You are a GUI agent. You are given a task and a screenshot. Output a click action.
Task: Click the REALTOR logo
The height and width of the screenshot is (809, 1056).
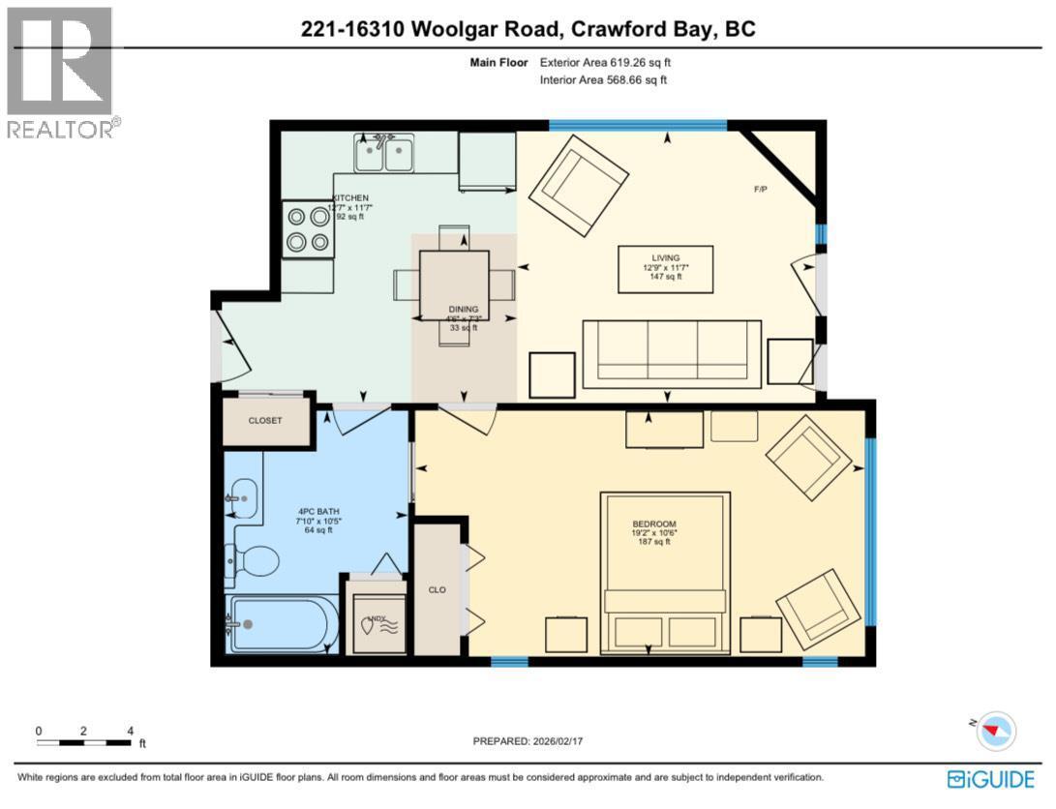[60, 73]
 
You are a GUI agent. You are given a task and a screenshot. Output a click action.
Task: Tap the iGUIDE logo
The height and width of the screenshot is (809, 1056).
[991, 778]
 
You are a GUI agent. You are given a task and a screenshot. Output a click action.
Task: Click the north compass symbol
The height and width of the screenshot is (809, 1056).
[996, 731]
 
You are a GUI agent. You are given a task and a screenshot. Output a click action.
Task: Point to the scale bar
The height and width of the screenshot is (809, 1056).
[84, 742]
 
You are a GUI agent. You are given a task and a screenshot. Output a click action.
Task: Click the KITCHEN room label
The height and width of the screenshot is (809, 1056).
[350, 197]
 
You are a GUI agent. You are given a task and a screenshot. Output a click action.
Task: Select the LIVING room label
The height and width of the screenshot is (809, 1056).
[666, 257]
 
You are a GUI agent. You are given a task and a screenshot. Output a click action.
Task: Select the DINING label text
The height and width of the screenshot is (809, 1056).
[463, 310]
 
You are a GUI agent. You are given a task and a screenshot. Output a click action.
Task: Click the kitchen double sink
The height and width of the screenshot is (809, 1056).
[384, 154]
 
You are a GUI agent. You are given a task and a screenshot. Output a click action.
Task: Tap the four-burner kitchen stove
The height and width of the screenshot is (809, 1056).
[307, 229]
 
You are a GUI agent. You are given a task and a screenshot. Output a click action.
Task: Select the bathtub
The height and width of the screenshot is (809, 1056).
[282, 624]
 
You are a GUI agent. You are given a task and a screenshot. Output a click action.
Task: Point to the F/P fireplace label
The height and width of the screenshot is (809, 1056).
[761, 189]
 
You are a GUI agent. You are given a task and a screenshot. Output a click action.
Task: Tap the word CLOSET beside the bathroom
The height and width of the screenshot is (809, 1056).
[265, 421]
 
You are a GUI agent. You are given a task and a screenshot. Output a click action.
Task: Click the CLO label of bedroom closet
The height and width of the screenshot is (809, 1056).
[437, 589]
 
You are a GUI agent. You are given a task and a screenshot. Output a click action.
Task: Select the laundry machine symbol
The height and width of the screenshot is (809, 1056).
[376, 624]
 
